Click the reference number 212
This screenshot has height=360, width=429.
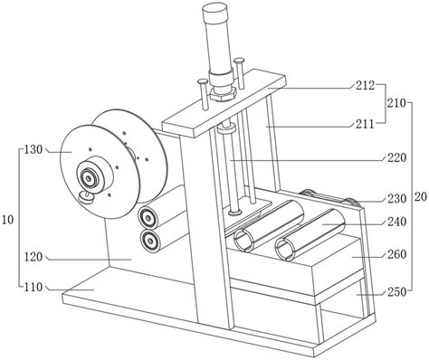365,86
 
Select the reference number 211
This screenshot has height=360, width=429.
364,124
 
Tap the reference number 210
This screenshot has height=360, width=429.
397,103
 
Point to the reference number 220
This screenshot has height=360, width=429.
397,157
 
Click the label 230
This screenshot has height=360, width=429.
397,199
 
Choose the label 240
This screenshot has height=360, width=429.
397,223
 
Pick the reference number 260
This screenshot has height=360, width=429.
397,255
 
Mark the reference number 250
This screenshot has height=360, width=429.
397,292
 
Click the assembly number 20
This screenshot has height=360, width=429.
421,197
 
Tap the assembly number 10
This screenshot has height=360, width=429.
8,220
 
